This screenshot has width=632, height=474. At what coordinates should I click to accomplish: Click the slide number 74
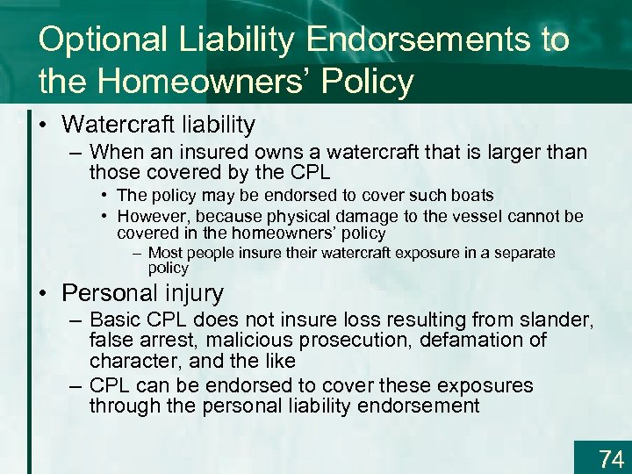click(610, 458)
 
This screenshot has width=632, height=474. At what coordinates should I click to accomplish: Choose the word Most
click(167, 253)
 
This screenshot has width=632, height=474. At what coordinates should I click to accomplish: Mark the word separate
click(523, 253)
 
